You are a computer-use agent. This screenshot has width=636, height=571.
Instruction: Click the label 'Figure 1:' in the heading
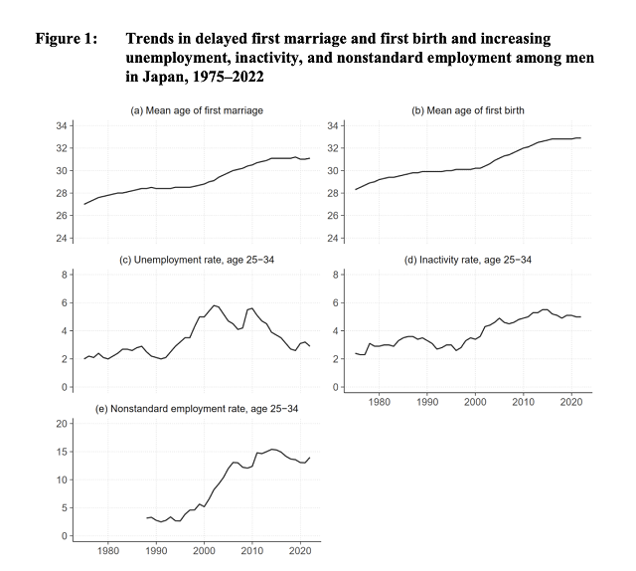[67, 39]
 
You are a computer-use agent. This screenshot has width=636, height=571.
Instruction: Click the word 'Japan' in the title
[162, 77]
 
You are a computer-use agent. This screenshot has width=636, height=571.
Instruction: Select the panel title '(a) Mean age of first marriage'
[197, 110]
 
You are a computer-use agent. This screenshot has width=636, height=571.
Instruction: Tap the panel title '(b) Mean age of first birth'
[468, 110]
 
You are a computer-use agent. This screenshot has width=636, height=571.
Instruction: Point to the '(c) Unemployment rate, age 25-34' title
[197, 260]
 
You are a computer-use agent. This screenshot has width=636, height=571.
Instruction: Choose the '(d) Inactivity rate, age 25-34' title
[468, 260]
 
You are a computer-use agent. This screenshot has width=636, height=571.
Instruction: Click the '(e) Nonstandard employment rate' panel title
[197, 409]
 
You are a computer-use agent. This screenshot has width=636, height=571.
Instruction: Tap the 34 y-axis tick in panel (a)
[62, 126]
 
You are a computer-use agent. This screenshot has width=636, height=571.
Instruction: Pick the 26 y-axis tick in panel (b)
[333, 215]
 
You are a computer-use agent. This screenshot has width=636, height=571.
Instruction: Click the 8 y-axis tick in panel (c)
[64, 275]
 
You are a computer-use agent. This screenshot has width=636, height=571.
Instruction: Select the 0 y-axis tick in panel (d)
[336, 387]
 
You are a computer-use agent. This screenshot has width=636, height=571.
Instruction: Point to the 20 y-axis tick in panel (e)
[62, 424]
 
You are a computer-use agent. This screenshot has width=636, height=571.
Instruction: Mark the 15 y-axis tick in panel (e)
[62, 452]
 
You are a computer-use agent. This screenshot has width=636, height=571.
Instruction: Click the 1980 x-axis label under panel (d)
[380, 402]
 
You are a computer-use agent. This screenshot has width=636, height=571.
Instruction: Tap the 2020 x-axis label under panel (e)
[300, 551]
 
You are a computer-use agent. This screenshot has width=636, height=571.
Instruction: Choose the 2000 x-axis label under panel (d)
[475, 402]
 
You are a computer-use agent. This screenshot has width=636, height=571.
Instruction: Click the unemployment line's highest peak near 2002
[215, 305]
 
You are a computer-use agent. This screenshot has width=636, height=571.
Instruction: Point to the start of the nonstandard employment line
[146, 518]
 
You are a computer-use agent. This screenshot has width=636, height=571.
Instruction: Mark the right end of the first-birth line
[580, 138]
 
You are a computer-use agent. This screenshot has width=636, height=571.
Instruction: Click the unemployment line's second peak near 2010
[251, 308]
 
